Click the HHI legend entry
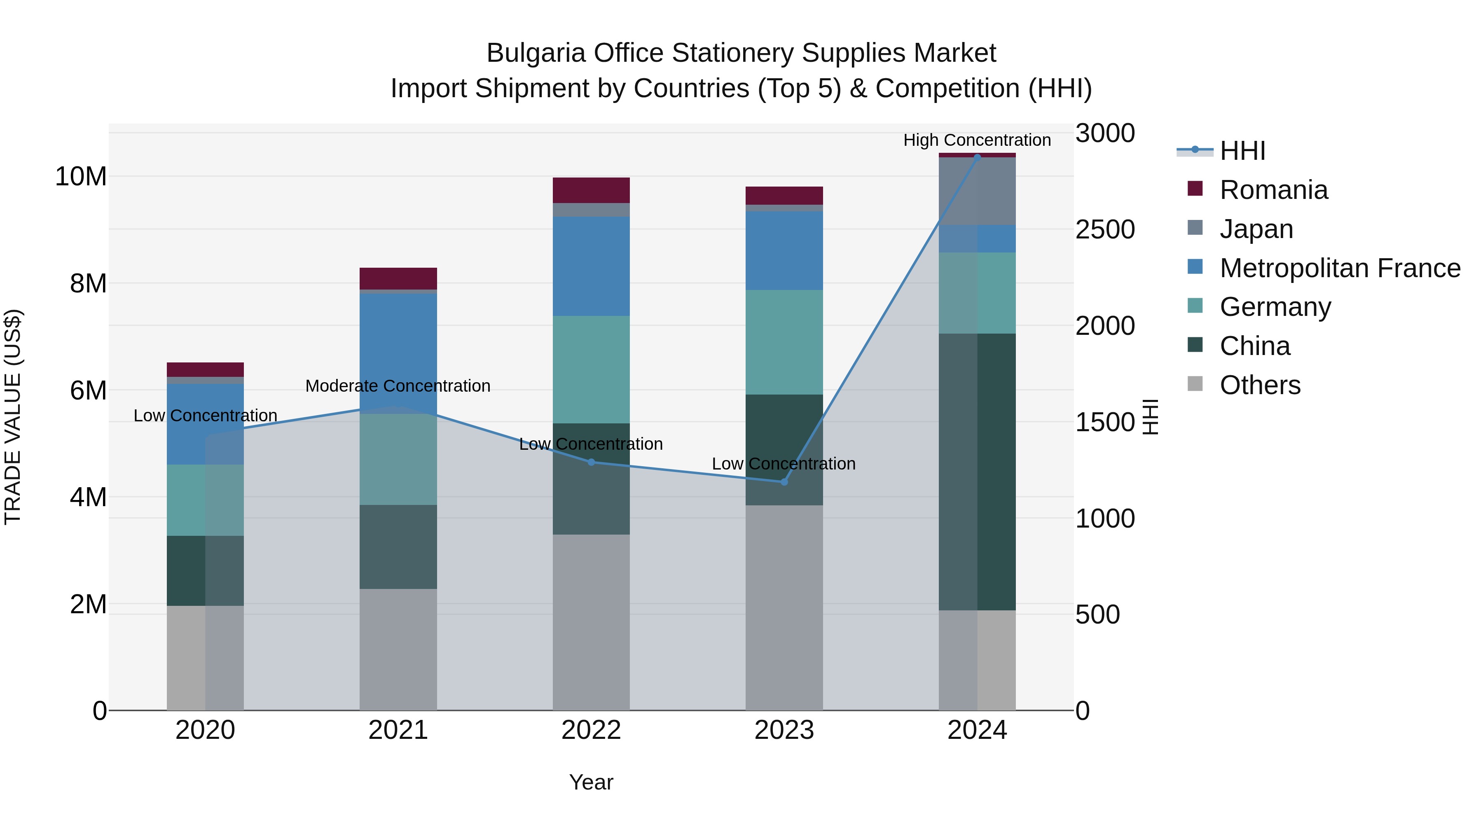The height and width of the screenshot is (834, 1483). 1242,151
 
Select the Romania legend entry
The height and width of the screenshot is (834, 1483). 1273,190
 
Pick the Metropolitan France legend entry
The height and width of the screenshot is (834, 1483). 1339,268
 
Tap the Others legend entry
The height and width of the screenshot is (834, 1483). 1260,385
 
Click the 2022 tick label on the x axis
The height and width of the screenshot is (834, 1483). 591,730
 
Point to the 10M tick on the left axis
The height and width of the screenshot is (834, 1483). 81,176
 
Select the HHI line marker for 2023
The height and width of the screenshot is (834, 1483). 784,482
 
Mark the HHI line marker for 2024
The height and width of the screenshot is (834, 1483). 977,157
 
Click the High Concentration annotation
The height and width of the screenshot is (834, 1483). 977,140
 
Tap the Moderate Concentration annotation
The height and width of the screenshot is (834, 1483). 398,385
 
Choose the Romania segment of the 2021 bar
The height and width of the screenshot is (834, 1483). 398,278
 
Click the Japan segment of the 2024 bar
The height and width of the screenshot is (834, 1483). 977,191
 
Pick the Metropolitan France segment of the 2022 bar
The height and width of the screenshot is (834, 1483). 591,266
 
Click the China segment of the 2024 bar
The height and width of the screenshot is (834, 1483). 977,472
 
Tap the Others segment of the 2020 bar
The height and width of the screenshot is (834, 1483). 205,657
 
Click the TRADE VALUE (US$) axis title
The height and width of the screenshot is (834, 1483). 13,417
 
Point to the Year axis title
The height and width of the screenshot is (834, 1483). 591,782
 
